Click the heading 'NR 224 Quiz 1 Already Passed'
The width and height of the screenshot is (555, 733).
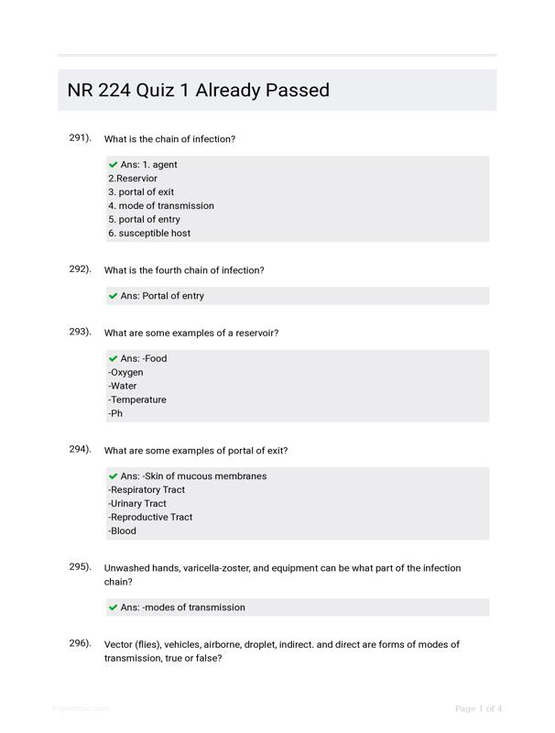(199, 90)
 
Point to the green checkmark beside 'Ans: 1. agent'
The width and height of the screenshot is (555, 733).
(114, 165)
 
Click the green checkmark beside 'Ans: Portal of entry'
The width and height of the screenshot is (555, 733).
(114, 296)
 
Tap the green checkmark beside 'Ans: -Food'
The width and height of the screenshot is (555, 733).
(114, 359)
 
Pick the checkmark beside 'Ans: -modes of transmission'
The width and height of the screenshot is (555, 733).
(114, 607)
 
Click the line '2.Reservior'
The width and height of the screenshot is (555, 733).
(133, 179)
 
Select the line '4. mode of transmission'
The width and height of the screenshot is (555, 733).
(161, 206)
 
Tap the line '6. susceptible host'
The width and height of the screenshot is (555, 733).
(149, 234)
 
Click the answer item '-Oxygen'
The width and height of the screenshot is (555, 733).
(125, 373)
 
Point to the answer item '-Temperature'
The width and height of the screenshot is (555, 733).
(137, 400)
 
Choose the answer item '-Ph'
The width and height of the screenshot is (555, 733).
(115, 414)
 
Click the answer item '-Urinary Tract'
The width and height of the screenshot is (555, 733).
(137, 504)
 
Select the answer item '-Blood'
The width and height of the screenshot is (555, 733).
(122, 531)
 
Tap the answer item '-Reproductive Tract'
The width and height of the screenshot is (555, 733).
(150, 518)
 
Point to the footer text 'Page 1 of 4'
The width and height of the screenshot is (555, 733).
(479, 708)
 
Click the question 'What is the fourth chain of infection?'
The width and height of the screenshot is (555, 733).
(184, 270)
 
